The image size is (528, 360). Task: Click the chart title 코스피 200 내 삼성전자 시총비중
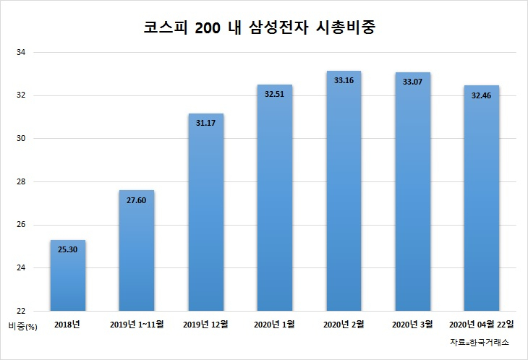259,27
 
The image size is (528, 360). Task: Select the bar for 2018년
68,275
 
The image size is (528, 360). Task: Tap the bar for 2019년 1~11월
137,250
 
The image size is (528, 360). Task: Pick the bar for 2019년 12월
205,212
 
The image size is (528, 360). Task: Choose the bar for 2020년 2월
344,191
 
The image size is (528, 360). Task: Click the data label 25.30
68,249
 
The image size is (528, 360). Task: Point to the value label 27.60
137,200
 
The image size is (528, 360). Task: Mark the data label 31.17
205,123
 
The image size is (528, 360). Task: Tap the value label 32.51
274,94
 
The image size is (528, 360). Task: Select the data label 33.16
344,80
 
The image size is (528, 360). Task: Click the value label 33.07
412,82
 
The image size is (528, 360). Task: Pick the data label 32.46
481,95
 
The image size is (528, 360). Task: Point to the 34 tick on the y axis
21,53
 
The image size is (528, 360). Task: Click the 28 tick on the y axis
21,181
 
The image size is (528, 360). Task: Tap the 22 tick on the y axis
21,311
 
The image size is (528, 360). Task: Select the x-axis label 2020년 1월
274,325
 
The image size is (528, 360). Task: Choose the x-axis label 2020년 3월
412,325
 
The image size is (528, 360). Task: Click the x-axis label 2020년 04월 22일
482,325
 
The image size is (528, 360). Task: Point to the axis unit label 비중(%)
23,326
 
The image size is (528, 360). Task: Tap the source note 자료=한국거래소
480,343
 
